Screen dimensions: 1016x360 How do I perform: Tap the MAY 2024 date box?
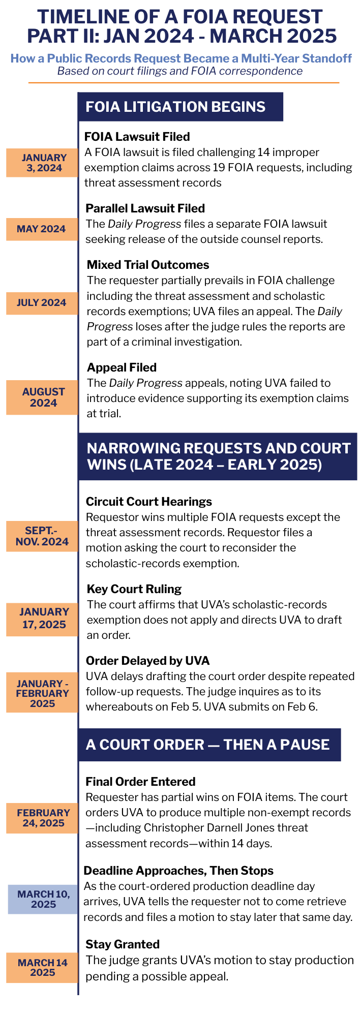point(42,229)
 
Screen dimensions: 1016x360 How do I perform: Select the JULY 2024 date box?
point(42,303)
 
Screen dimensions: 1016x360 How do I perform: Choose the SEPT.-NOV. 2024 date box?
point(42,536)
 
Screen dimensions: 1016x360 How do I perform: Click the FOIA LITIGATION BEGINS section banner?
point(181,107)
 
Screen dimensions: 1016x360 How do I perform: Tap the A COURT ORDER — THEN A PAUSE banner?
point(208,745)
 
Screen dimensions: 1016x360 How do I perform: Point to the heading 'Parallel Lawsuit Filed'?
point(145,208)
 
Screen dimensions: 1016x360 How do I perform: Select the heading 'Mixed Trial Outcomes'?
point(148,265)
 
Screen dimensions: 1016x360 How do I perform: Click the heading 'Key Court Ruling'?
point(134,589)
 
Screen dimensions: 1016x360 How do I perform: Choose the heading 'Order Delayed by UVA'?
point(147,661)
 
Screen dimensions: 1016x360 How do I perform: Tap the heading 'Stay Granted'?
point(123,944)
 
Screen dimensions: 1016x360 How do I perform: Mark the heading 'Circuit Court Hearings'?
point(149,502)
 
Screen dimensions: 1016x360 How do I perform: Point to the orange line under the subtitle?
point(183,82)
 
